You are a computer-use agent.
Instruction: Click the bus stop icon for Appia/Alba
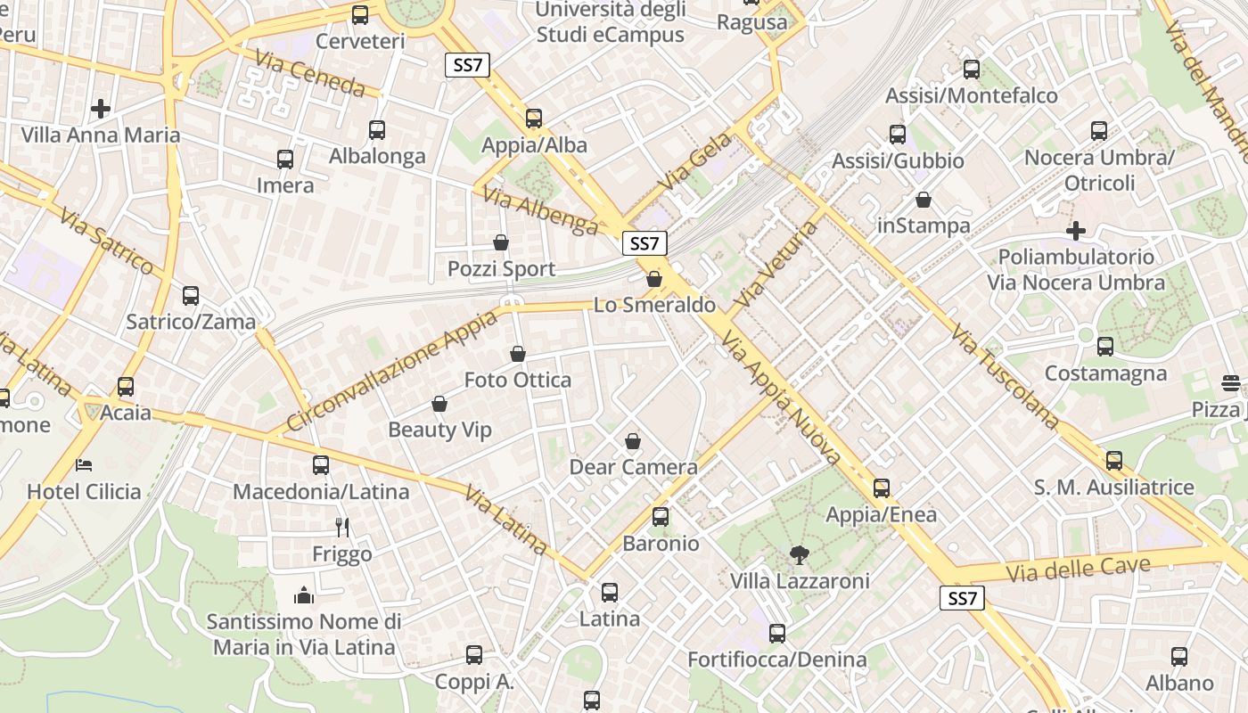pyautogui.click(x=534, y=118)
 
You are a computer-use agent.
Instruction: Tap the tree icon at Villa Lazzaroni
pyautogui.click(x=799, y=555)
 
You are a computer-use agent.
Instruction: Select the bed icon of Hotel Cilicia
pyautogui.click(x=84, y=464)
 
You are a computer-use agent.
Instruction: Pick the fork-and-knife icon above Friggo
pyautogui.click(x=341, y=527)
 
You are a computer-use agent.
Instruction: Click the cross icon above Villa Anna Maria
pyautogui.click(x=101, y=109)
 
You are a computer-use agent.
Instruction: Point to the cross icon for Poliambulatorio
pyautogui.click(x=1076, y=231)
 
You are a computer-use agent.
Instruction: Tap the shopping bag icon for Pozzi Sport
pyautogui.click(x=501, y=242)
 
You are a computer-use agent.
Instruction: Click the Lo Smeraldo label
pyautogui.click(x=654, y=305)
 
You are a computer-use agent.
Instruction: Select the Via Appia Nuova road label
pyautogui.click(x=782, y=397)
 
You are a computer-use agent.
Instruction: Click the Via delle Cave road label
pyautogui.click(x=1078, y=568)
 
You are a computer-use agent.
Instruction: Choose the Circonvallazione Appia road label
pyautogui.click(x=391, y=370)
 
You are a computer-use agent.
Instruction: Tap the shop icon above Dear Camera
pyautogui.click(x=633, y=440)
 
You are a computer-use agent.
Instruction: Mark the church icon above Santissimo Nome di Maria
pyautogui.click(x=304, y=595)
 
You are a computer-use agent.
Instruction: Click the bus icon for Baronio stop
pyautogui.click(x=661, y=516)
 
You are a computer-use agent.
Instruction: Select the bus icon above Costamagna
pyautogui.click(x=1105, y=346)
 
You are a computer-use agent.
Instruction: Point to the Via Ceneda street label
pyautogui.click(x=309, y=73)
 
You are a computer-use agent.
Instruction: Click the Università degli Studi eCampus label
pyautogui.click(x=611, y=22)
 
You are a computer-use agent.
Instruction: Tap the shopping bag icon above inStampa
pyautogui.click(x=924, y=200)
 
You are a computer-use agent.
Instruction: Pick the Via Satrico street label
pyautogui.click(x=107, y=241)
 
